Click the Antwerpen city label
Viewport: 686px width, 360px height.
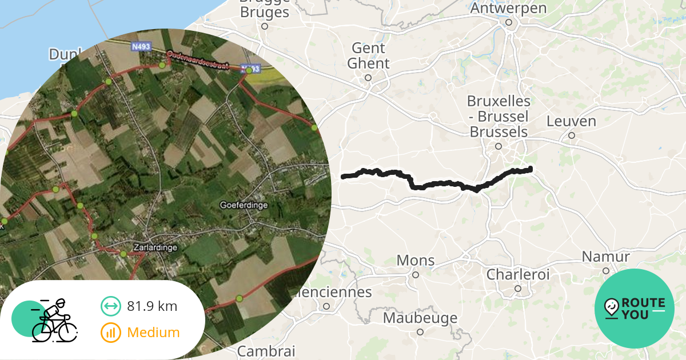click(508, 9)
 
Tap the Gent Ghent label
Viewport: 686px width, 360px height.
click(369, 55)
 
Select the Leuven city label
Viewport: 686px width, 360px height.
click(571, 121)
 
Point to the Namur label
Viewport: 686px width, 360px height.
click(606, 257)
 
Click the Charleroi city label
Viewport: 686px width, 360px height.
click(518, 274)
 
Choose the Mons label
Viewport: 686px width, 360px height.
click(416, 261)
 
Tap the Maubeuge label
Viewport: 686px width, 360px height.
click(420, 318)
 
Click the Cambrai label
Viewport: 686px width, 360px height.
click(266, 350)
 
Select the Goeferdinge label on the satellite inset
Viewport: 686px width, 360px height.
click(244, 205)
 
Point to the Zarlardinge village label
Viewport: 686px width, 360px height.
click(154, 247)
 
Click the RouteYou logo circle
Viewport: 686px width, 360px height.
click(635, 309)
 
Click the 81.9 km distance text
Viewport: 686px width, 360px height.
click(152, 306)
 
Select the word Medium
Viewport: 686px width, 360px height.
click(153, 333)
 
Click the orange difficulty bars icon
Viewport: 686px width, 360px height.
click(111, 333)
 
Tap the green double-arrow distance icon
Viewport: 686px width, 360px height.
click(111, 306)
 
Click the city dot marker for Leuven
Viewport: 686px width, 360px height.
click(571, 135)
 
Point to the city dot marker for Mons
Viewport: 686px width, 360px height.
click(416, 275)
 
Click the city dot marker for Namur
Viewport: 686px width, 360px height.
click(606, 271)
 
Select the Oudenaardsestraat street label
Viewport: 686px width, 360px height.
click(198, 60)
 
